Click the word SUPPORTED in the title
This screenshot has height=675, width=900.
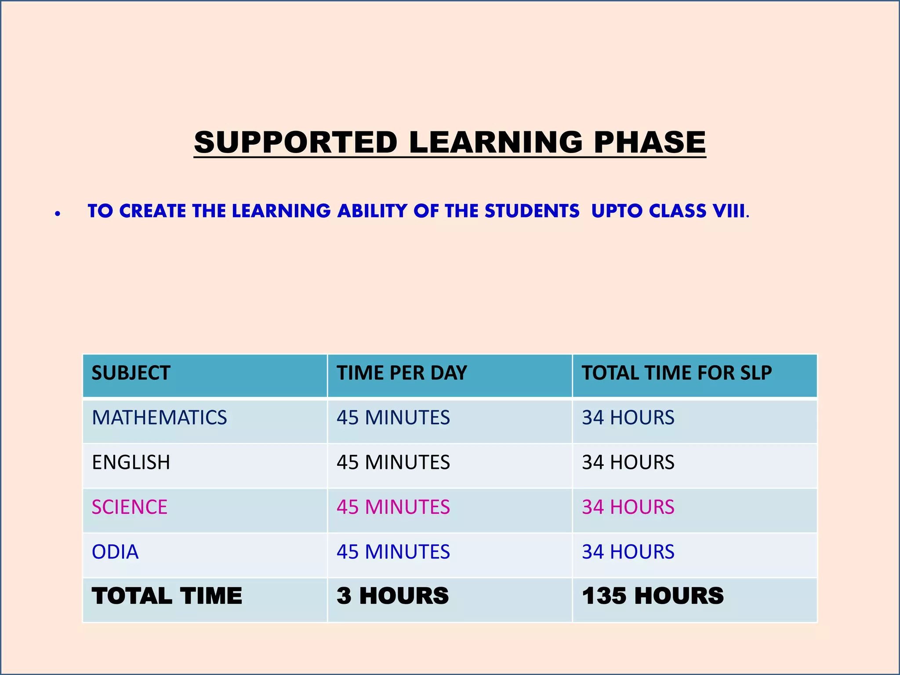point(296,142)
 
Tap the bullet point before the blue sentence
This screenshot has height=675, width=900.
point(58,214)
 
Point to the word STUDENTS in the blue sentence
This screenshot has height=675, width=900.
point(532,211)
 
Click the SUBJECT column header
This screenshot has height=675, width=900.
point(131,373)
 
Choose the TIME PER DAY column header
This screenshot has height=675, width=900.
point(402,373)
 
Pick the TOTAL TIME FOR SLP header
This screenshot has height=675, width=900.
point(677,373)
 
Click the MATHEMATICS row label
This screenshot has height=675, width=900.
point(159,417)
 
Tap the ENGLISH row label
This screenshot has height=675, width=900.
point(131,462)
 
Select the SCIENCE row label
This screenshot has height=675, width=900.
point(130,507)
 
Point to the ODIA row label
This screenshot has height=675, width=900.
point(115,552)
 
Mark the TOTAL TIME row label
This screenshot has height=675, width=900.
point(167,596)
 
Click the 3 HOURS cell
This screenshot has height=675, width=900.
point(393,596)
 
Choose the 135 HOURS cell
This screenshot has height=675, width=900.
point(653,596)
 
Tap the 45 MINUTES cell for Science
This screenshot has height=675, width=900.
point(393,507)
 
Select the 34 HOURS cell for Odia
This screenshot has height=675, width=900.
point(628,552)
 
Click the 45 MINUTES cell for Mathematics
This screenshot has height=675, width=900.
point(393,417)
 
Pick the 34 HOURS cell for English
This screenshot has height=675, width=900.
point(628,462)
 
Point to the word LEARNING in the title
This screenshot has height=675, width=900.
point(496,142)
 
